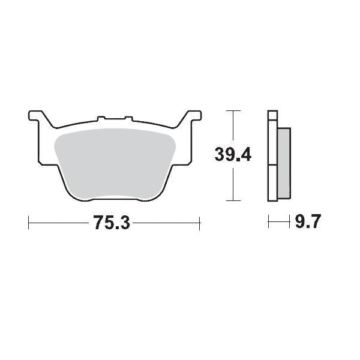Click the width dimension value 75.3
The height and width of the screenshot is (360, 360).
click(112, 223)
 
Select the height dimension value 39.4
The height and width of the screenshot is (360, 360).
click(233, 155)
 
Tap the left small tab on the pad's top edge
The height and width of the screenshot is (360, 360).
click(101, 118)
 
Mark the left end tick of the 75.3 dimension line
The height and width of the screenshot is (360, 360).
click(29, 223)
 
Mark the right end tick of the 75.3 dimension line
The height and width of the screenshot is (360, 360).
click(199, 223)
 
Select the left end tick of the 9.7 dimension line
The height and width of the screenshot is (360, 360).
click(269, 223)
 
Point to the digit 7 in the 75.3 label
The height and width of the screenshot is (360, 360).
click(99, 223)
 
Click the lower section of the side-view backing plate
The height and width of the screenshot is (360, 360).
click(272, 182)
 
